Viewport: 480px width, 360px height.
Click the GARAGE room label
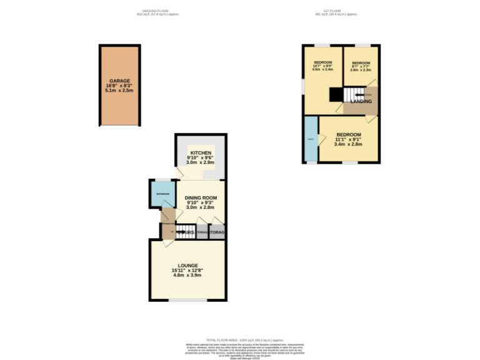tap(120, 81)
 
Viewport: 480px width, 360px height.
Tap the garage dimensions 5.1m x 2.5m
tap(120, 91)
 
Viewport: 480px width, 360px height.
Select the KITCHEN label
tap(201, 153)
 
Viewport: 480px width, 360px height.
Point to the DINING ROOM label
tap(201, 197)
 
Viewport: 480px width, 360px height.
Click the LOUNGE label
tap(187, 265)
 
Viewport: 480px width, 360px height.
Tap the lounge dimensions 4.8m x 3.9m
tap(187, 276)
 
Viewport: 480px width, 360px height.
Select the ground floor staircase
tap(185, 232)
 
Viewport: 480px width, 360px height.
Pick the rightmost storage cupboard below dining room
tap(217, 232)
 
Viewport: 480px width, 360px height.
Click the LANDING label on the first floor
tap(361, 101)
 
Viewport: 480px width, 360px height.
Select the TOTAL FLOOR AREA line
tap(240, 339)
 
